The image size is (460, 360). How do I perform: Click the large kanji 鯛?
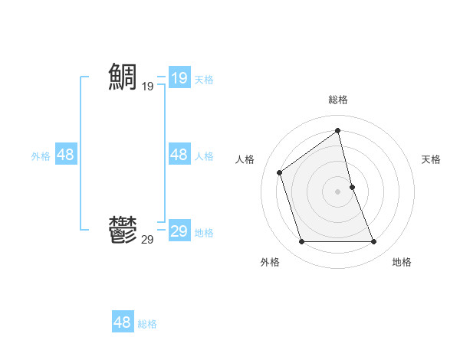click(x=123, y=77)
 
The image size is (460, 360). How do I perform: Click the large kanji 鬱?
click(x=123, y=230)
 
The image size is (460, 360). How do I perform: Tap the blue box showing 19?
click(x=179, y=78)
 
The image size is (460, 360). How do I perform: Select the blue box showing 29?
click(x=179, y=231)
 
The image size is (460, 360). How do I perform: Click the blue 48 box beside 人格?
click(x=179, y=155)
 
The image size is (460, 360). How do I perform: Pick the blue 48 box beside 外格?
click(x=65, y=155)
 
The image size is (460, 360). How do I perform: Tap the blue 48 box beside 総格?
click(x=123, y=322)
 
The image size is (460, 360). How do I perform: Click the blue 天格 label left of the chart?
click(x=204, y=79)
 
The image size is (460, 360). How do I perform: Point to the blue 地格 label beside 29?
click(x=204, y=232)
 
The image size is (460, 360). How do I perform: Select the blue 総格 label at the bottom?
click(x=147, y=323)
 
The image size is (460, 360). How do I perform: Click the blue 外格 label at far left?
click(x=41, y=155)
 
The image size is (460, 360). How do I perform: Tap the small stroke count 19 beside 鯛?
click(x=147, y=87)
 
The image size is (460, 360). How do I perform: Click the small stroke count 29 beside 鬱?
click(x=147, y=240)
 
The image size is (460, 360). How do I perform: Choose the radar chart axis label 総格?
click(x=338, y=99)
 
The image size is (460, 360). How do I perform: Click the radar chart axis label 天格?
click(x=431, y=159)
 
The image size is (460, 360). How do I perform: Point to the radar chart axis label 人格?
click(x=245, y=159)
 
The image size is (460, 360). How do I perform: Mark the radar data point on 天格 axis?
click(x=352, y=187)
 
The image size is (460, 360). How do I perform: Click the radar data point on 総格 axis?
click(x=338, y=131)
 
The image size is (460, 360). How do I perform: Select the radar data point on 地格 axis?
click(x=374, y=242)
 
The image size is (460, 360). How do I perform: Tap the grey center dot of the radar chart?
click(x=338, y=191)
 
